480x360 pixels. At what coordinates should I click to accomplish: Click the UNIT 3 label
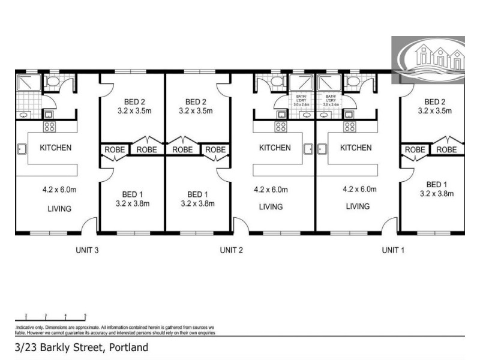click(88, 250)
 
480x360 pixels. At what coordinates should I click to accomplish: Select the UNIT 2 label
click(231, 250)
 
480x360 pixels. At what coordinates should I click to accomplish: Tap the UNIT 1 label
click(393, 250)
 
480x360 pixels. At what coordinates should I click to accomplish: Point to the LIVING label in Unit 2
click(271, 207)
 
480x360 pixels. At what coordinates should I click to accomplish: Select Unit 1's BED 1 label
click(436, 184)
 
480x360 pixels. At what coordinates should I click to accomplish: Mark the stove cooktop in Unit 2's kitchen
click(280, 127)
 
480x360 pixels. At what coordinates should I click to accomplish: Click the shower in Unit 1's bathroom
click(329, 82)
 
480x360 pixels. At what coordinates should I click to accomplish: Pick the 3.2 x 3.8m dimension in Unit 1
click(436, 193)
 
